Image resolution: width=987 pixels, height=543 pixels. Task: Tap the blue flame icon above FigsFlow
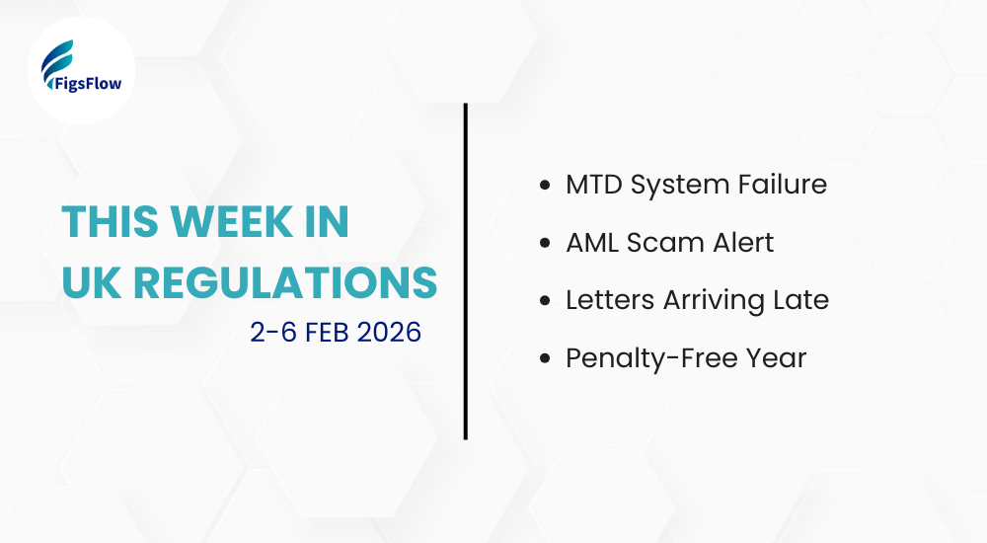[x=60, y=58]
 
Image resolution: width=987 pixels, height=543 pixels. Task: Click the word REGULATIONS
[x=285, y=282]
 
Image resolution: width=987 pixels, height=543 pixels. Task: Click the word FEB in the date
[x=327, y=332]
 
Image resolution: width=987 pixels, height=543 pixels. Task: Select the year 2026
[x=390, y=332]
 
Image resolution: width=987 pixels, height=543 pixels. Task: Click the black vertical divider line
[x=465, y=271]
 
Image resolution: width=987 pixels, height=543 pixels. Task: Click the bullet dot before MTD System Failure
[x=546, y=185]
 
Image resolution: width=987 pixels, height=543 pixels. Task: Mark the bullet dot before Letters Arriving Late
[x=546, y=301]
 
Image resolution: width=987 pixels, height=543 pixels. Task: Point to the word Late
[x=801, y=301]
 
